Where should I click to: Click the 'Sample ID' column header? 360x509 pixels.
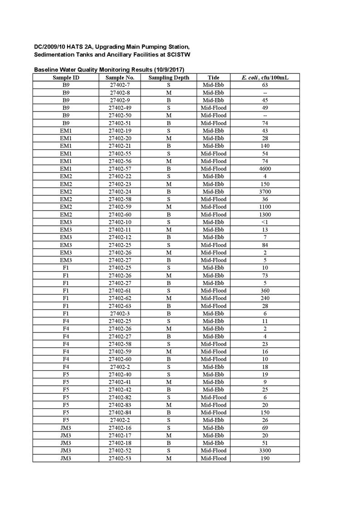pos(66,78)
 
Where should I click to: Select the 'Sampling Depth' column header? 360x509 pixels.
pos(169,78)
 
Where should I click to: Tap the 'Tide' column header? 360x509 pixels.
pos(213,78)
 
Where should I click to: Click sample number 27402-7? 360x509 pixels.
pos(120,85)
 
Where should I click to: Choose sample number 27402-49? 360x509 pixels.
pos(120,108)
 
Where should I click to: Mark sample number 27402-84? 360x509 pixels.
pos(120,412)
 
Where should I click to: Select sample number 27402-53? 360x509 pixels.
pos(120,458)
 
